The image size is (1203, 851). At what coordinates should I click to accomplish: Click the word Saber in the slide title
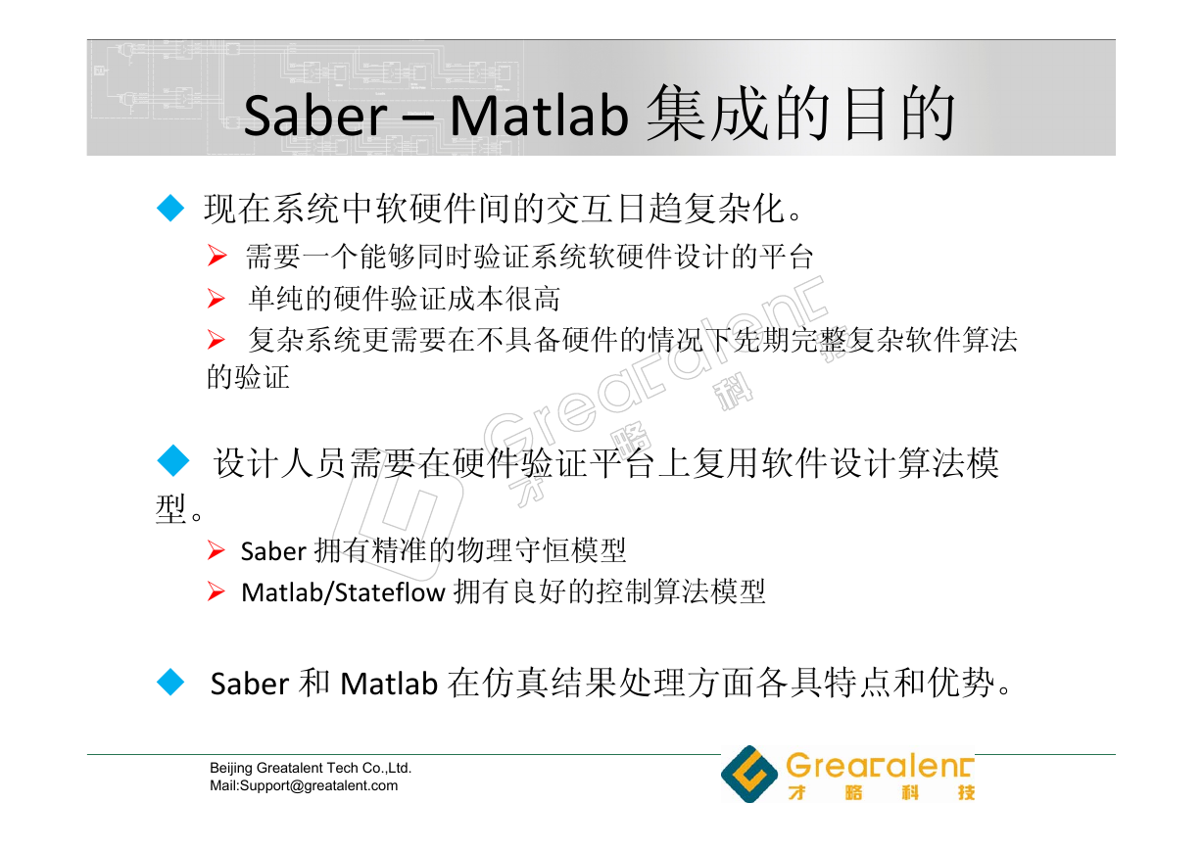click(x=314, y=116)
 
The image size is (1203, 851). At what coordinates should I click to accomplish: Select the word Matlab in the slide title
click(x=539, y=116)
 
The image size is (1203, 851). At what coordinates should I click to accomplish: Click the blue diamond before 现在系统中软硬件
click(x=170, y=209)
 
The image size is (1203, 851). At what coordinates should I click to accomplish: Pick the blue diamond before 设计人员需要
click(x=173, y=460)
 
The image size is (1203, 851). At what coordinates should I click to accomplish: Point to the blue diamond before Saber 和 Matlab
click(x=170, y=683)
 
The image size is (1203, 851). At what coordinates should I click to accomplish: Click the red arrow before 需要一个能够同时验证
click(x=217, y=256)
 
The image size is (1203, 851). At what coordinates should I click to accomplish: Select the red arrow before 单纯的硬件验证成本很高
click(x=217, y=299)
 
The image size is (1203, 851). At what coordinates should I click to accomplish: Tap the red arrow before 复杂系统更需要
click(x=217, y=340)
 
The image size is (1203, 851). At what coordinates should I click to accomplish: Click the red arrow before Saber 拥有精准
click(x=217, y=550)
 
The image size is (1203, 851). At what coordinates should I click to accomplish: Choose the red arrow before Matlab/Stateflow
click(x=217, y=591)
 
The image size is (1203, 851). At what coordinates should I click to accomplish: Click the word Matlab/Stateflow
click(x=343, y=592)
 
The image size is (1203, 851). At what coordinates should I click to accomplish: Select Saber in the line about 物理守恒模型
click(x=273, y=551)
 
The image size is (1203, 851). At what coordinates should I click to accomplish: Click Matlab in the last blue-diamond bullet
click(x=389, y=684)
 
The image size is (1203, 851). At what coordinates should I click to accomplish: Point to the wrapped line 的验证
click(x=248, y=377)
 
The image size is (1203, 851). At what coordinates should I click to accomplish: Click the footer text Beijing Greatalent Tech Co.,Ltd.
click(x=311, y=768)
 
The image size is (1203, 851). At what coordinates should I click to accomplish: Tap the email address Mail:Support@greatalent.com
click(x=304, y=785)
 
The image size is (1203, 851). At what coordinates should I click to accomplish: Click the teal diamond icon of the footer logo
click(x=749, y=774)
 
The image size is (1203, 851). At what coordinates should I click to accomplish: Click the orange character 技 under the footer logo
click(x=966, y=792)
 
